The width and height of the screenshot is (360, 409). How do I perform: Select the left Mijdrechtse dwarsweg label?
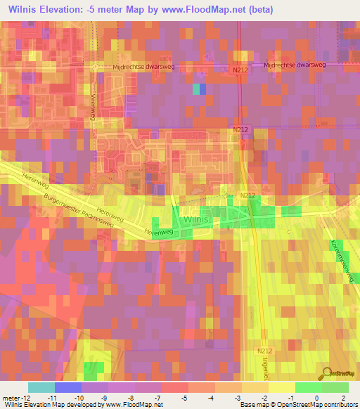point(143,67)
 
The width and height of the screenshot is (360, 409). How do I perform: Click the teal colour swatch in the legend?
point(41,387)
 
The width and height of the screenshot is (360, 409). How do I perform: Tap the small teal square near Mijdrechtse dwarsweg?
point(195,89)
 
